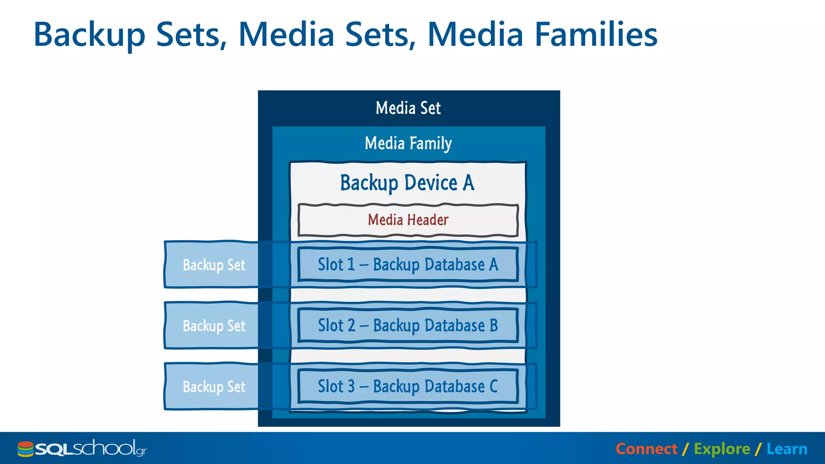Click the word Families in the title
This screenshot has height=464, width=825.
point(596,34)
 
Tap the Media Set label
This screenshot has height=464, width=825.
point(408,108)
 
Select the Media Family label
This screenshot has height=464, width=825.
point(408,143)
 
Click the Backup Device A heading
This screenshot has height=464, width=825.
point(407,183)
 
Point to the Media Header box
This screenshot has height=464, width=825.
point(408,220)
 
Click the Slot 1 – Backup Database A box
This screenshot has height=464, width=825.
point(408,265)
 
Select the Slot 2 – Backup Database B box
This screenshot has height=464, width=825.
point(408,325)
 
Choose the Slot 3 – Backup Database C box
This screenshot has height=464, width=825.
point(408,386)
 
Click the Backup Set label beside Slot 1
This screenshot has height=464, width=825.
point(214,265)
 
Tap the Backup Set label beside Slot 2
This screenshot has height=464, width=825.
point(214,326)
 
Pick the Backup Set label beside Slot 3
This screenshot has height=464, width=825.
point(214,387)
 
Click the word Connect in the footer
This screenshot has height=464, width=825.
point(646,449)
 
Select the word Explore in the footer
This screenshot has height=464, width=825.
point(722,449)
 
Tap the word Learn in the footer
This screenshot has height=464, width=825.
point(787,449)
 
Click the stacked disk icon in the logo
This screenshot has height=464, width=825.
point(25,449)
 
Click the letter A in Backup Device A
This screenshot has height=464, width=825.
point(468,183)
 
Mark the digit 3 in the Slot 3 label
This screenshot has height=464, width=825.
point(351,386)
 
